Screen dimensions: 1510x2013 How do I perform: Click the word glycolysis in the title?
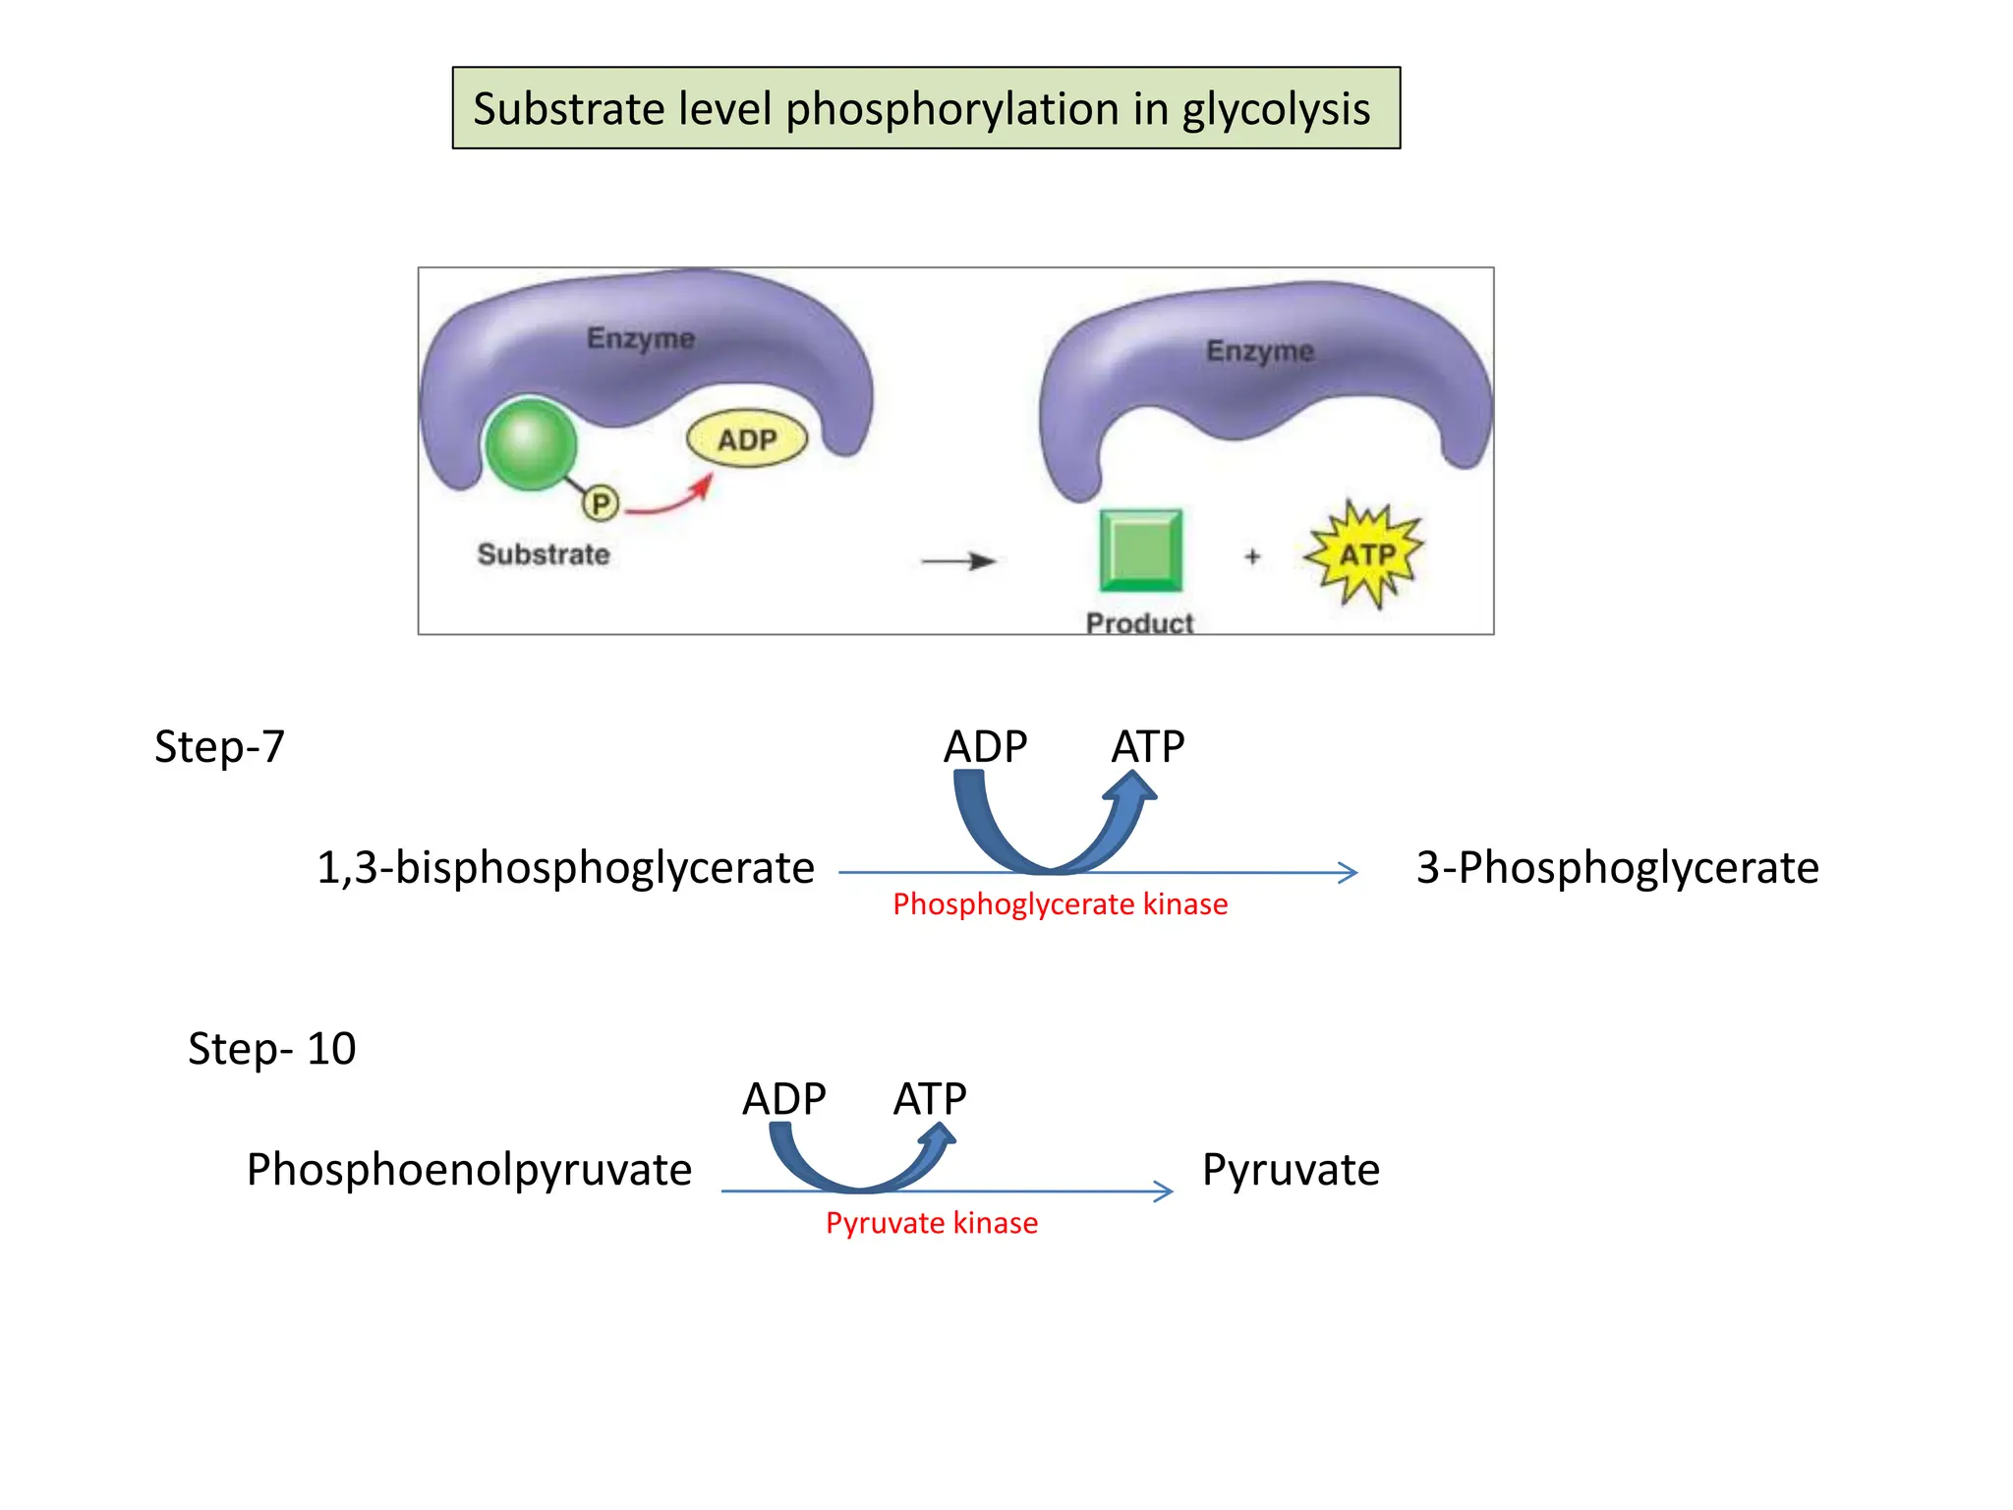point(1275,110)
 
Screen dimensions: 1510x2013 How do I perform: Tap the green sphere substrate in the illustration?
point(531,444)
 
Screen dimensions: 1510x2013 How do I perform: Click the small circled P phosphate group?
point(601,504)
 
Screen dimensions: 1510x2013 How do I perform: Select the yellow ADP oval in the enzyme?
point(747,439)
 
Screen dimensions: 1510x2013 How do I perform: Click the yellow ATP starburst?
point(1365,554)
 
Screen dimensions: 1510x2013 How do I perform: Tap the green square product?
point(1140,551)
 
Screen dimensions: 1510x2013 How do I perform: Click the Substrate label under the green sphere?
point(544,554)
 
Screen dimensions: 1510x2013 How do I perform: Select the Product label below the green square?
point(1139,622)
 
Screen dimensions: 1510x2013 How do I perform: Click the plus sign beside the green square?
point(1252,556)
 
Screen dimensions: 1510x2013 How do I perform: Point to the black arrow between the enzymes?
point(957,561)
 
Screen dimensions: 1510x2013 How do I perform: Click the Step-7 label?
point(219,747)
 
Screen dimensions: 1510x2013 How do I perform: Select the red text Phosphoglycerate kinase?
point(1060,904)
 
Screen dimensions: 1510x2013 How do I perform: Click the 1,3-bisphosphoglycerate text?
point(565,868)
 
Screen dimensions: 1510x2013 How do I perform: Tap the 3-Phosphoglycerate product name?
point(1617,868)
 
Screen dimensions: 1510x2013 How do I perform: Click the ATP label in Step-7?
point(1147,747)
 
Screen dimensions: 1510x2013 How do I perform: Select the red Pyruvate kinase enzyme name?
point(931,1223)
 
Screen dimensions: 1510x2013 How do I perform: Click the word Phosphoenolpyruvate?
point(469,1170)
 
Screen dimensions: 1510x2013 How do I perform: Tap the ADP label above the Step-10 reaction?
point(783,1099)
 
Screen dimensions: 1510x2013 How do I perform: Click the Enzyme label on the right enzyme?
point(1259,351)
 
